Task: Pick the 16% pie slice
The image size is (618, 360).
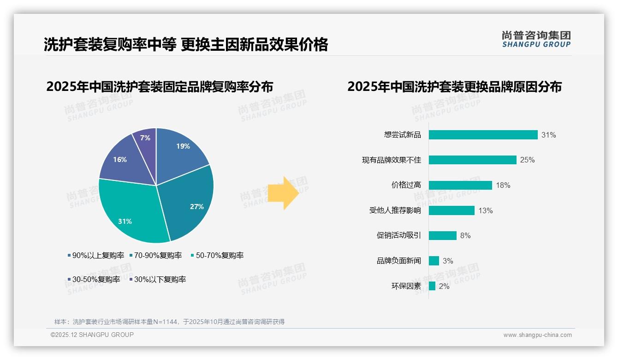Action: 122,159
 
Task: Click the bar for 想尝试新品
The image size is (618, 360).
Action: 483,135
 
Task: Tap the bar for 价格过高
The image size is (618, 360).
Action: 460,185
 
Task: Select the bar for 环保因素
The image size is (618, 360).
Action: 432,286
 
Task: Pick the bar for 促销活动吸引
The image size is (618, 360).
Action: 442,235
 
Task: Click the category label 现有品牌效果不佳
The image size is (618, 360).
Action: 391,160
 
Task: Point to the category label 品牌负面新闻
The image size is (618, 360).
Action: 398,261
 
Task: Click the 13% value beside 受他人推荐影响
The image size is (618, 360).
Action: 485,210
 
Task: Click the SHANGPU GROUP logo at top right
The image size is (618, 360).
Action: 536,39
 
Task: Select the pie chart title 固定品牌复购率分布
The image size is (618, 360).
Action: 160,87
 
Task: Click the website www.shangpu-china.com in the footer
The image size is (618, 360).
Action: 537,335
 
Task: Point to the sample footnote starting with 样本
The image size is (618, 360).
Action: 169,322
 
